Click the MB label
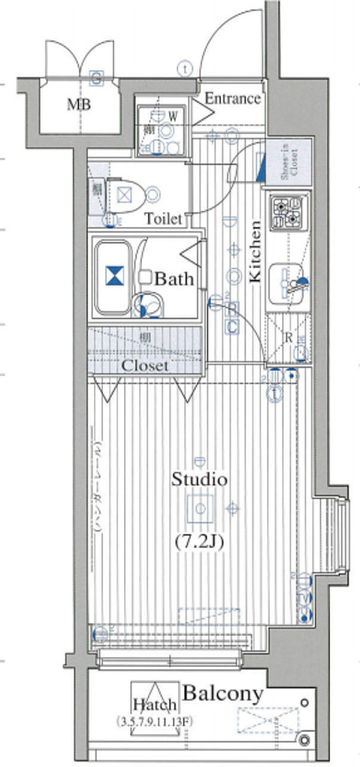tap(79, 104)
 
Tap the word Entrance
tap(233, 98)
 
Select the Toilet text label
tap(163, 218)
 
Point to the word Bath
tap(174, 278)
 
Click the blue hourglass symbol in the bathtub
tap(113, 276)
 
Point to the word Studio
tap(199, 480)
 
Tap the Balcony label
tap(223, 693)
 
